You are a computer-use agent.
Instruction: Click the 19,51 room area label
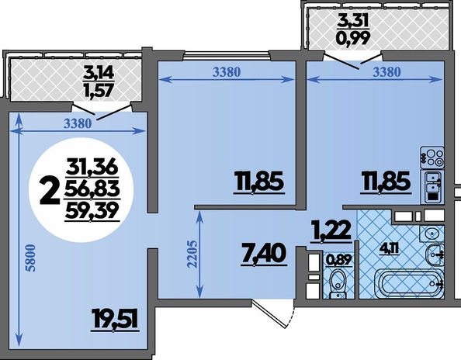coord(115,320)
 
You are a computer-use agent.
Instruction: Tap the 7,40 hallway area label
coord(263,254)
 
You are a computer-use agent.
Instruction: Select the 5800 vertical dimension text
coord(31,258)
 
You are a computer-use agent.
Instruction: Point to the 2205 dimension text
coord(192,254)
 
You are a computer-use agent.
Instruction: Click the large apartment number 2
coord(49,193)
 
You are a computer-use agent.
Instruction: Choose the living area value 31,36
coord(92,168)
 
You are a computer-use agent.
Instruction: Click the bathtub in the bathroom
coord(409,282)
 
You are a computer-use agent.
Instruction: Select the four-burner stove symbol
coord(432,157)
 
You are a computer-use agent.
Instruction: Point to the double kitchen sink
coord(432,187)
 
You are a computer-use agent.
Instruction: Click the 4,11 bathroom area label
coord(390,251)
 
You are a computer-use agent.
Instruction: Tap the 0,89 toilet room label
coord(338,259)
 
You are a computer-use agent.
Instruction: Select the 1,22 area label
coord(332,231)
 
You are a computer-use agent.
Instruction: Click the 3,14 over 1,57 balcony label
coord(99,81)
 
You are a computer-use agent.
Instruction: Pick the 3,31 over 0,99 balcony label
coord(353,29)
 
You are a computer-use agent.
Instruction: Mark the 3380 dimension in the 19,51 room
coord(78,124)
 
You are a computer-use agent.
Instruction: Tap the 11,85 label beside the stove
coord(386,182)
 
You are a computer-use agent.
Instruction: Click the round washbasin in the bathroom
coord(432,234)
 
